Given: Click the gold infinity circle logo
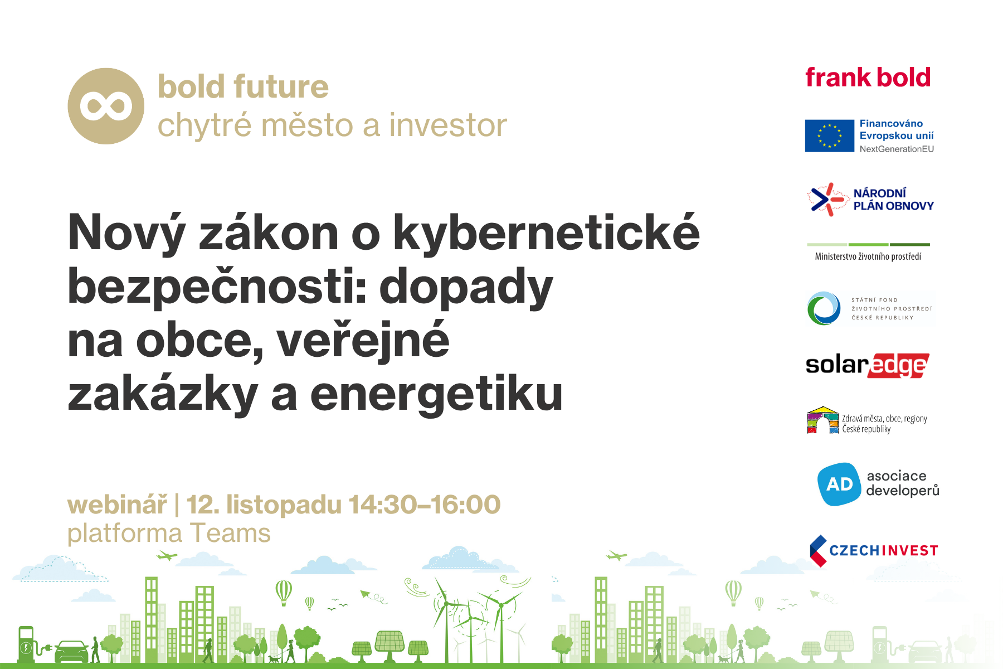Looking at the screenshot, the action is tap(106, 106).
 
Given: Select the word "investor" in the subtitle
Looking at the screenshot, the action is tap(448, 124).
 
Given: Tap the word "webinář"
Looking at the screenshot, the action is tap(117, 505).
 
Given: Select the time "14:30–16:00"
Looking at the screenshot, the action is tap(425, 505).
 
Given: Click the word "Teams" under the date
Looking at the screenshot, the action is tap(230, 533).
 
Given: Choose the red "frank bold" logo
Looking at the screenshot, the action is tap(868, 77).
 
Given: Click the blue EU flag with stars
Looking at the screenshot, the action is tap(830, 135).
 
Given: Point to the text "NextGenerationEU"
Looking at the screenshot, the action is tap(897, 149).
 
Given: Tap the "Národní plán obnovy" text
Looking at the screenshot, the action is tap(893, 200).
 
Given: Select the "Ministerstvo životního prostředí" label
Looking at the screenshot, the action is tap(868, 256).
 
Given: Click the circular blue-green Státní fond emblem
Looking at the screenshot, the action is tap(824, 308).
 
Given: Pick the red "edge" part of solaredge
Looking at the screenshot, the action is tap(898, 366).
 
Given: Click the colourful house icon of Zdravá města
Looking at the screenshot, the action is tap(822, 420).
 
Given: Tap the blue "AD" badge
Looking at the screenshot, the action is tap(839, 484).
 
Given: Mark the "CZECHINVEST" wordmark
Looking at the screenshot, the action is tap(884, 551).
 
